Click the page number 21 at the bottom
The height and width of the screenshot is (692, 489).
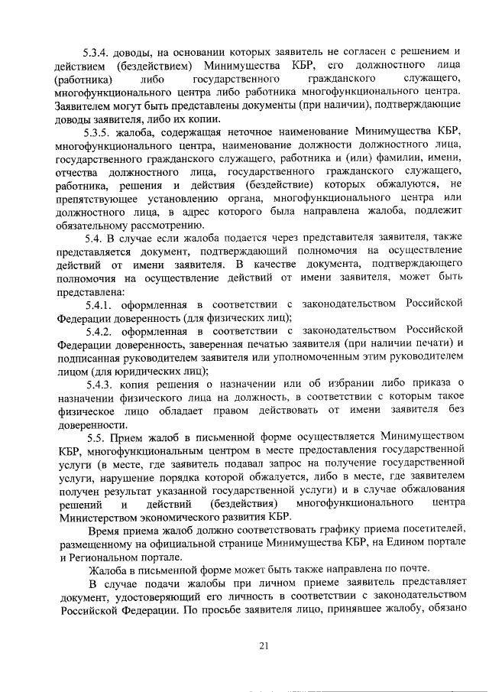[264, 646]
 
